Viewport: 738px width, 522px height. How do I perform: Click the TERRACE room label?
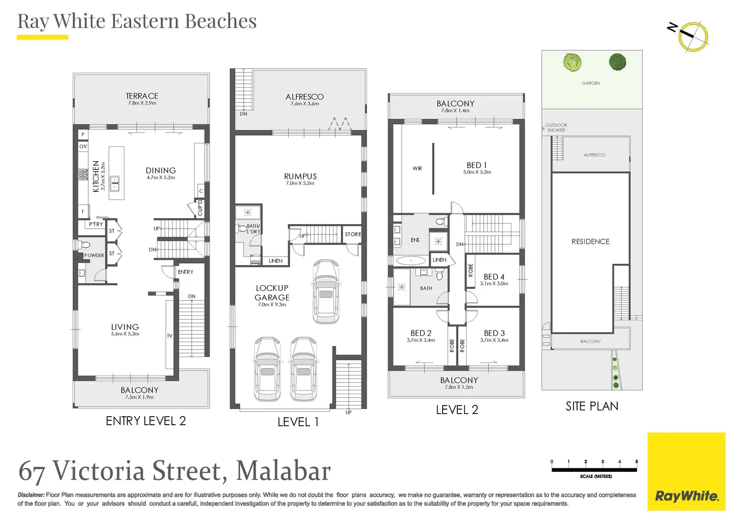(x=142, y=96)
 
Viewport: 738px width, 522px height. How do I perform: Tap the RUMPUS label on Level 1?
(x=300, y=177)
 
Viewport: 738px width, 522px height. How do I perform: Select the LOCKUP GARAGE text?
(x=272, y=293)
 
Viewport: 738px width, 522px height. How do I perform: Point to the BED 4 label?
(x=494, y=277)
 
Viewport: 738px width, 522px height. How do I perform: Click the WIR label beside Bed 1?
(x=417, y=168)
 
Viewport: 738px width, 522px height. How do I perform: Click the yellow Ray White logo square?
(x=686, y=471)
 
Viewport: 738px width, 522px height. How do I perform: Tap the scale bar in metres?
(x=594, y=470)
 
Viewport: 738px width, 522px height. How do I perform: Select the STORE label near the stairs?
(x=353, y=234)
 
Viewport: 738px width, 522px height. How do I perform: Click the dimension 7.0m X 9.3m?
(x=272, y=305)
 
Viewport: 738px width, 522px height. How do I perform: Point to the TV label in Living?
(x=169, y=336)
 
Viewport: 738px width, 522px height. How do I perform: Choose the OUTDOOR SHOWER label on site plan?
(x=556, y=127)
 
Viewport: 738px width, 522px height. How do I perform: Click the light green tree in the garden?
(x=572, y=62)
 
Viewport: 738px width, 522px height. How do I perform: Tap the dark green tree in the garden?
(x=617, y=62)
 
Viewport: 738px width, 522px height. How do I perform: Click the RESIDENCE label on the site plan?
(x=591, y=242)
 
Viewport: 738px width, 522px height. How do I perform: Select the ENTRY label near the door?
(x=186, y=272)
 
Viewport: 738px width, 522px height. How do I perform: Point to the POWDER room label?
(x=94, y=255)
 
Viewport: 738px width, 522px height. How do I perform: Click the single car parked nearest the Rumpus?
(x=326, y=292)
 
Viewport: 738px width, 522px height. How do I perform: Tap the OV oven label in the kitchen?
(x=83, y=146)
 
